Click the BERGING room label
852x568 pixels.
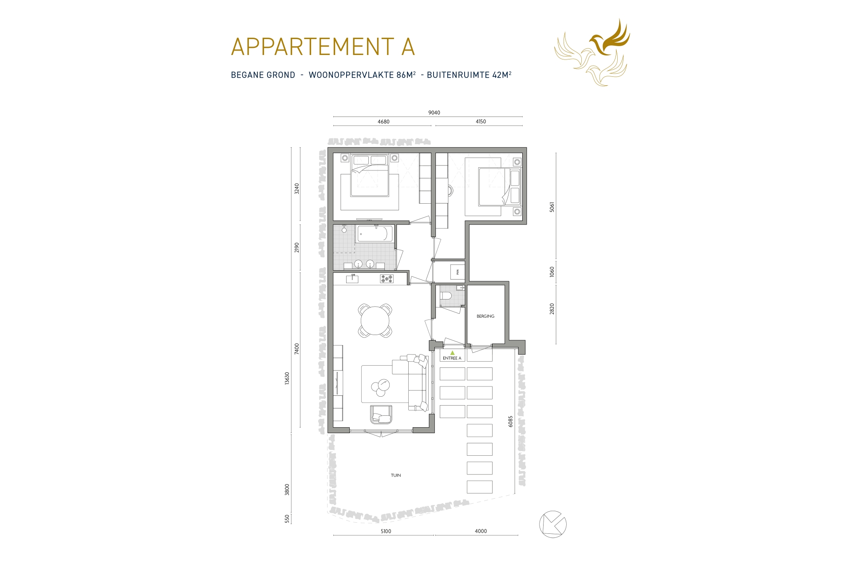pyautogui.click(x=485, y=316)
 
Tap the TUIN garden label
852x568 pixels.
pyautogui.click(x=396, y=475)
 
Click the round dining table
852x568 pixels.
pyautogui.click(x=375, y=320)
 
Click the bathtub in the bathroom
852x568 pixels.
pyautogui.click(x=375, y=234)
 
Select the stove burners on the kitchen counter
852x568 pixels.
pyautogui.click(x=387, y=279)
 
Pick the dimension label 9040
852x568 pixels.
pyautogui.click(x=434, y=113)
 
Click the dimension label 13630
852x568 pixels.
pyautogui.click(x=287, y=379)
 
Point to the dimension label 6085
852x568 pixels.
pyautogui.click(x=511, y=421)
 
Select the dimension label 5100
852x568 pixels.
pyautogui.click(x=386, y=531)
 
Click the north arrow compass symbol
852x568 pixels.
pyautogui.click(x=552, y=525)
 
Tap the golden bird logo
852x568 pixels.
pyautogui.click(x=592, y=52)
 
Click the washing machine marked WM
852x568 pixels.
pyautogui.click(x=457, y=272)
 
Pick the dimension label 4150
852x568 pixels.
pyautogui.click(x=481, y=122)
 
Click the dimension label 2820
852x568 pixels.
pyautogui.click(x=552, y=309)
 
